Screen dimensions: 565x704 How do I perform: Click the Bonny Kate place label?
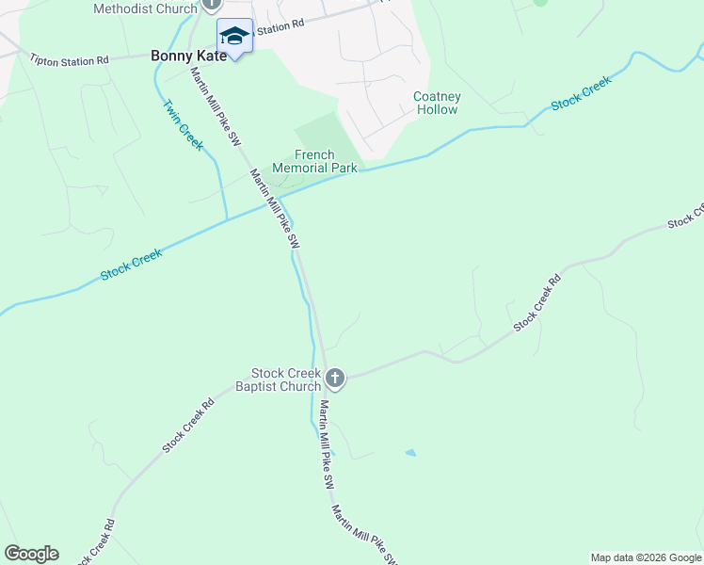188,56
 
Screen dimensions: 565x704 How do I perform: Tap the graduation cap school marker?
234,37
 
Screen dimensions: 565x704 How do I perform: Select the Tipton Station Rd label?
69,59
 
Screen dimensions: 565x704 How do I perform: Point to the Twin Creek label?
184,124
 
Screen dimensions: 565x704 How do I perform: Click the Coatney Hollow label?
436,103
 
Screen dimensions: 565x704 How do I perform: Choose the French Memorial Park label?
314,161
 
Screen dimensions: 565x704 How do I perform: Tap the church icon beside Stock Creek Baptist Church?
335,379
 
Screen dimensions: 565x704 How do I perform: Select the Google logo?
31,554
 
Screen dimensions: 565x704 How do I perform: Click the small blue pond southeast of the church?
410,453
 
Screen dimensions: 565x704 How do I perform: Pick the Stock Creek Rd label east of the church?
537,302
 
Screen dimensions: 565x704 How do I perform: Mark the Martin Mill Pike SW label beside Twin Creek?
215,105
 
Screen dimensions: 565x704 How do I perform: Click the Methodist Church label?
145,9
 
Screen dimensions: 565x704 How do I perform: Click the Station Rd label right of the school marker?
280,28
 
